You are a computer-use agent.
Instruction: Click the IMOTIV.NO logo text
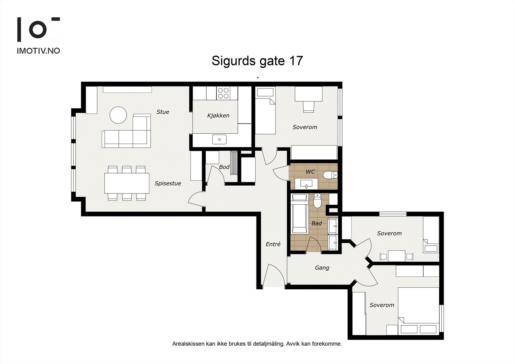[x=38, y=51]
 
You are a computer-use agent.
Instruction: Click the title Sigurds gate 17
[x=257, y=61]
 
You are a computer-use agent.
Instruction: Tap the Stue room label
[x=163, y=112]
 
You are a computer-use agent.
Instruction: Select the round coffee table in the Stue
[x=118, y=115]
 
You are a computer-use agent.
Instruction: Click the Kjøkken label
[x=218, y=116]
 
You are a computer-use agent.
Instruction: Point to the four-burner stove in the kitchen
[x=223, y=93]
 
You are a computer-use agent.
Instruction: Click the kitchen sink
[x=220, y=139]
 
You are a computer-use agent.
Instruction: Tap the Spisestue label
[x=168, y=183]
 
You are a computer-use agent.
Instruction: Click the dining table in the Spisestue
[x=127, y=183]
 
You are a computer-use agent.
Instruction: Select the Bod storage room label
[x=224, y=167]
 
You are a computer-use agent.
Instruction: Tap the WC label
[x=310, y=172]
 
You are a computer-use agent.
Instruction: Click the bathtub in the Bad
[x=299, y=214]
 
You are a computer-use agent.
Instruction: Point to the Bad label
[x=317, y=223]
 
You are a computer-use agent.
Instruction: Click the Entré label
[x=273, y=244]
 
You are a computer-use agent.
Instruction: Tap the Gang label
[x=322, y=268]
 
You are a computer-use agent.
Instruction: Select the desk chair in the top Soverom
[x=308, y=107]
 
